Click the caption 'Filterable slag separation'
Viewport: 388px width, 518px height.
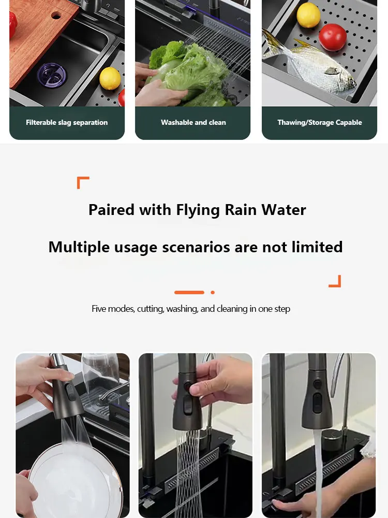67,123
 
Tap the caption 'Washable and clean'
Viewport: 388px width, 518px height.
193,123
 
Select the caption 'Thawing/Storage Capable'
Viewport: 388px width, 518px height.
319,123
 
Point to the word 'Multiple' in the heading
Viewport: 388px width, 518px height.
78,247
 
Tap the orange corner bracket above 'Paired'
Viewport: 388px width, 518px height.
83,182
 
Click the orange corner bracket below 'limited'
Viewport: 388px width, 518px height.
335,281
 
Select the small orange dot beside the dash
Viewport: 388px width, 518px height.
213,292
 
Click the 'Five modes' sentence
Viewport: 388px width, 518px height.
191,309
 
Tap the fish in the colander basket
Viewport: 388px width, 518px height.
310,67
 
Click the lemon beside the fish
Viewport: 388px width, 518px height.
308,15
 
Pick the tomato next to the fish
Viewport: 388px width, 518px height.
332,37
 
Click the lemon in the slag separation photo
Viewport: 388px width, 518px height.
110,78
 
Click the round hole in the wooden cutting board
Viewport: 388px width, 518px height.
56,15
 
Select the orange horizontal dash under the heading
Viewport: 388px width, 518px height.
189,292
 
